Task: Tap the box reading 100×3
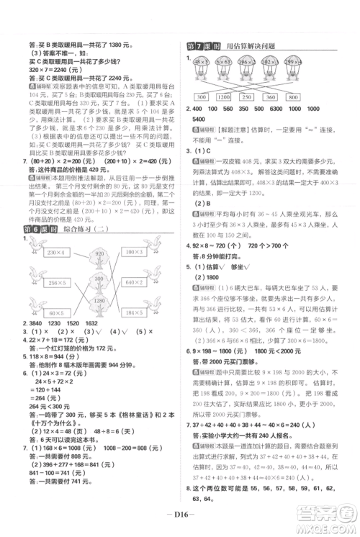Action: [132, 252]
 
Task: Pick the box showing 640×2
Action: [132, 281]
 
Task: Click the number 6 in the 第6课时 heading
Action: [30, 229]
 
